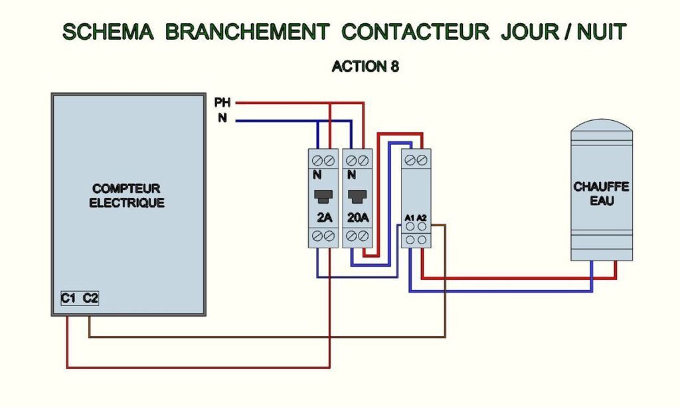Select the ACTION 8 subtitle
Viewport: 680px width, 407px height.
[x=365, y=66]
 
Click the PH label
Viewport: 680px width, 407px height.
[x=222, y=103]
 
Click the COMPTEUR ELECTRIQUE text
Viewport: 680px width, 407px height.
[x=127, y=196]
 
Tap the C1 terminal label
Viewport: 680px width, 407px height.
[x=68, y=299]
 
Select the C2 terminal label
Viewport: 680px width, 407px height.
[x=90, y=299]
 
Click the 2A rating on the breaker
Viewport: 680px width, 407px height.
[x=324, y=217]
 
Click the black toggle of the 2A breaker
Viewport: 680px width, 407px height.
[x=323, y=196]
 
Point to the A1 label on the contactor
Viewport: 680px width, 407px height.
[x=410, y=217]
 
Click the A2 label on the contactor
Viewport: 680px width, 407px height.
[x=422, y=217]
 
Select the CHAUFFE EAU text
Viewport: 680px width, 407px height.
[x=602, y=193]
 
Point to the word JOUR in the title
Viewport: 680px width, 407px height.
[x=527, y=31]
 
